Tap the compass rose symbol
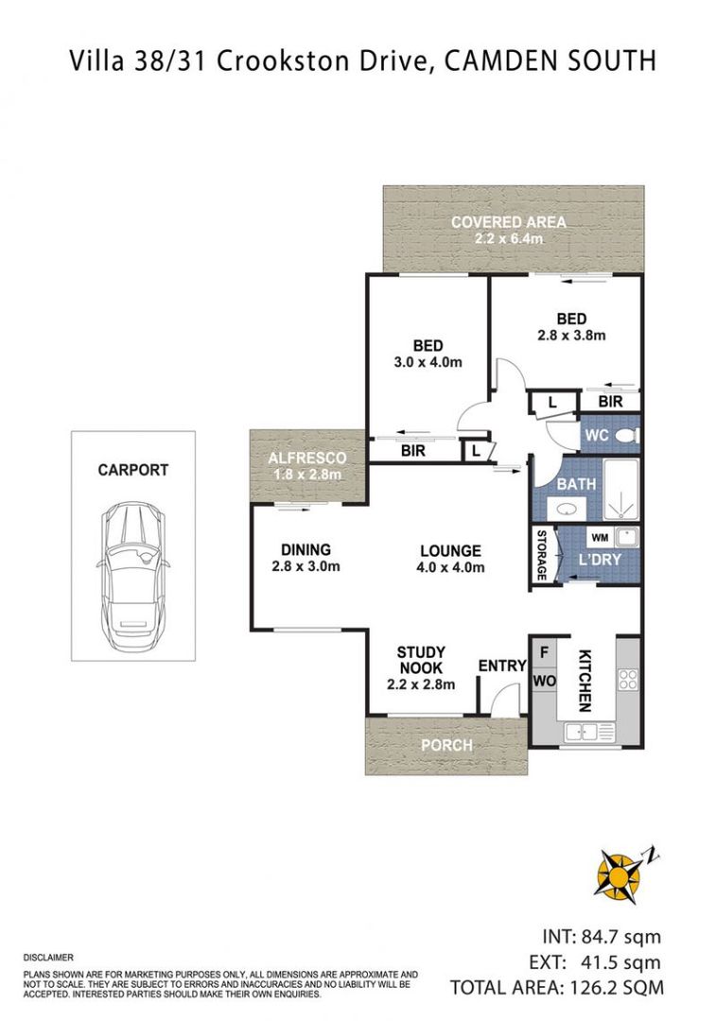620,873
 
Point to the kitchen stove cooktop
627,680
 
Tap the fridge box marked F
544,652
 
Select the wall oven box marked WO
544,681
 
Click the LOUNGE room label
451,551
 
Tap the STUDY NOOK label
421,660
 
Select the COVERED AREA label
508,222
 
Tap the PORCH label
446,745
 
